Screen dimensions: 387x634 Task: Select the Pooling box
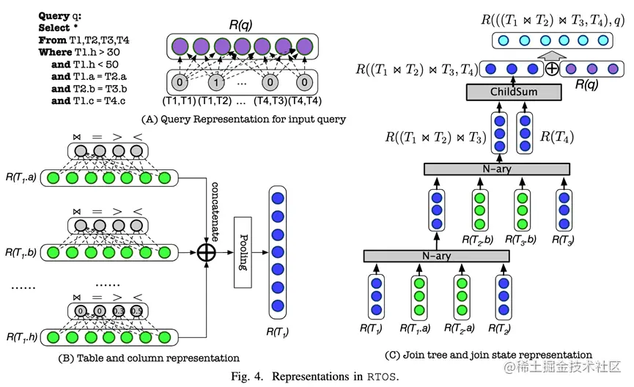tap(243, 254)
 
